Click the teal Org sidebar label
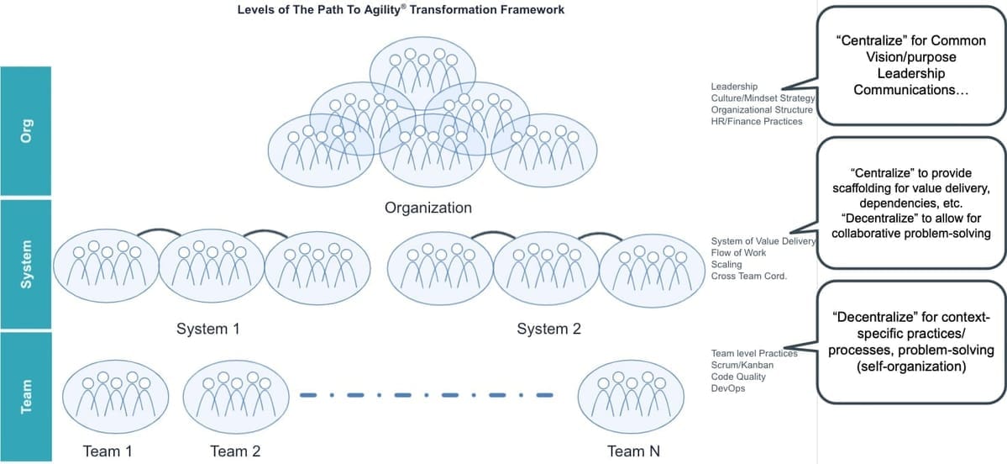(27, 133)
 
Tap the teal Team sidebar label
(27, 396)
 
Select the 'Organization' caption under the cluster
(427, 207)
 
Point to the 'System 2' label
(548, 329)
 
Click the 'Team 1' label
(108, 451)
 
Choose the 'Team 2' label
(235, 451)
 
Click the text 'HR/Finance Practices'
(756, 121)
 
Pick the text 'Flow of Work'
(738, 252)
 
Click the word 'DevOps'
(727, 388)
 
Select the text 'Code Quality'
(738, 377)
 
